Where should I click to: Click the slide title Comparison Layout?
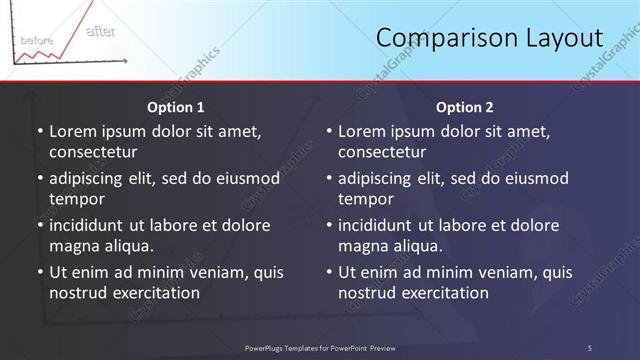click(x=490, y=38)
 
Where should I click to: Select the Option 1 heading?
click(x=176, y=107)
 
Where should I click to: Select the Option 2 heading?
click(x=465, y=107)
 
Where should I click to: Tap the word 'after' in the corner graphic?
click(x=100, y=32)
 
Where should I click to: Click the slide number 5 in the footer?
click(x=589, y=347)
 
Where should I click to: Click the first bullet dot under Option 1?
click(x=40, y=131)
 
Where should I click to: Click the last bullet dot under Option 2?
click(x=329, y=272)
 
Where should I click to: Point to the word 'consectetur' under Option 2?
click(x=382, y=152)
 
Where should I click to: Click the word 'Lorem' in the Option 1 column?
click(x=73, y=131)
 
